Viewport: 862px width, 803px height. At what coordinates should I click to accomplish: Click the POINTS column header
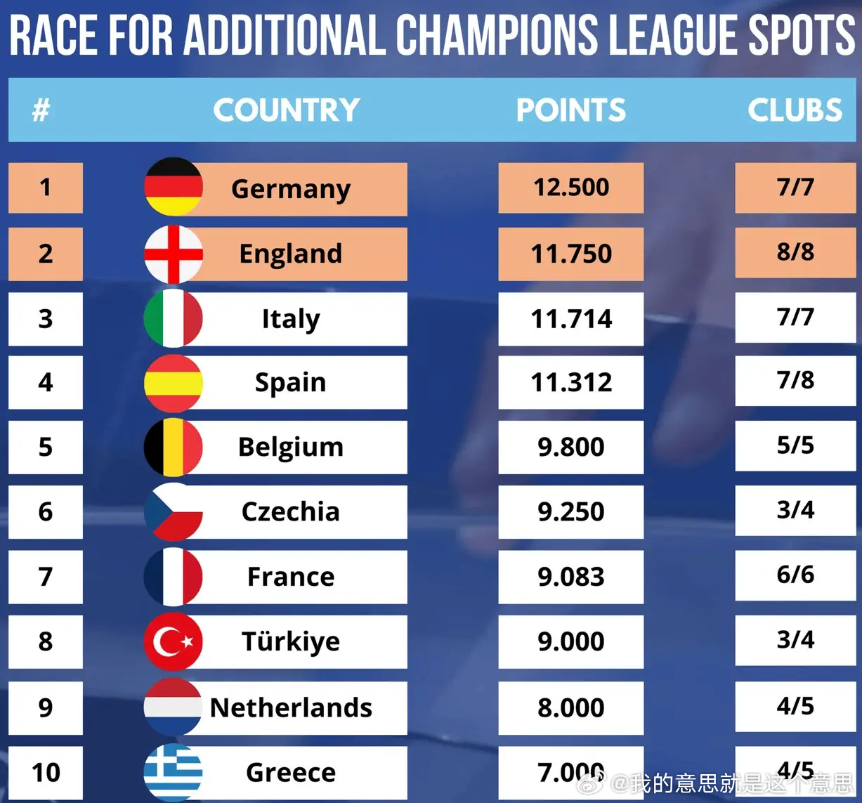pos(570,110)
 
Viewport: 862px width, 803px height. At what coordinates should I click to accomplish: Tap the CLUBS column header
pos(795,110)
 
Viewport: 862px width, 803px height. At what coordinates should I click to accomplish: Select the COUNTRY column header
pos(286,110)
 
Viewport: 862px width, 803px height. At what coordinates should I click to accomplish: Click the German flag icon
pos(174,187)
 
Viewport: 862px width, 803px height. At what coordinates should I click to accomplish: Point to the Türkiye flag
pos(174,641)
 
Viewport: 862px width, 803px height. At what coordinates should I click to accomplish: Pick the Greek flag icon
pos(174,772)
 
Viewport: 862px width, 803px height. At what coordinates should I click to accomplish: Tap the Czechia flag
pos(174,511)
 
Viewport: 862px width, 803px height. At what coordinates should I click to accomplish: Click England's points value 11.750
pos(570,254)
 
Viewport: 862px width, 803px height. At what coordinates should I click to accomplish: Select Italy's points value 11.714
pos(570,319)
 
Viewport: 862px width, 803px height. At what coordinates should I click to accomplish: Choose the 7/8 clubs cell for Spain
pos(795,380)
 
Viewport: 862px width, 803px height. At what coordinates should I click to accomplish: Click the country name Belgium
pos(290,447)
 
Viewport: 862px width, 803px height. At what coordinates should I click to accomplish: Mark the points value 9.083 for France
pos(570,577)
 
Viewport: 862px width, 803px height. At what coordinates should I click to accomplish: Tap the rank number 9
pos(45,707)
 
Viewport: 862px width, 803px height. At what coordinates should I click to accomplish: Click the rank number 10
pos(45,772)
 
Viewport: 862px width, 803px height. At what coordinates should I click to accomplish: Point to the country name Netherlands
pos(291,707)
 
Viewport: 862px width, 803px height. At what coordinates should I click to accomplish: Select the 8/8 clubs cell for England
pos(795,252)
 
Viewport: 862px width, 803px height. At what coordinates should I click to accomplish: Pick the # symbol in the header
pos(41,110)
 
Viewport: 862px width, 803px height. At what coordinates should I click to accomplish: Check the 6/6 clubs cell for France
pos(795,575)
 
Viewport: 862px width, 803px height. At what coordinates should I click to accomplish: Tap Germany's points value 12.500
pos(570,188)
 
